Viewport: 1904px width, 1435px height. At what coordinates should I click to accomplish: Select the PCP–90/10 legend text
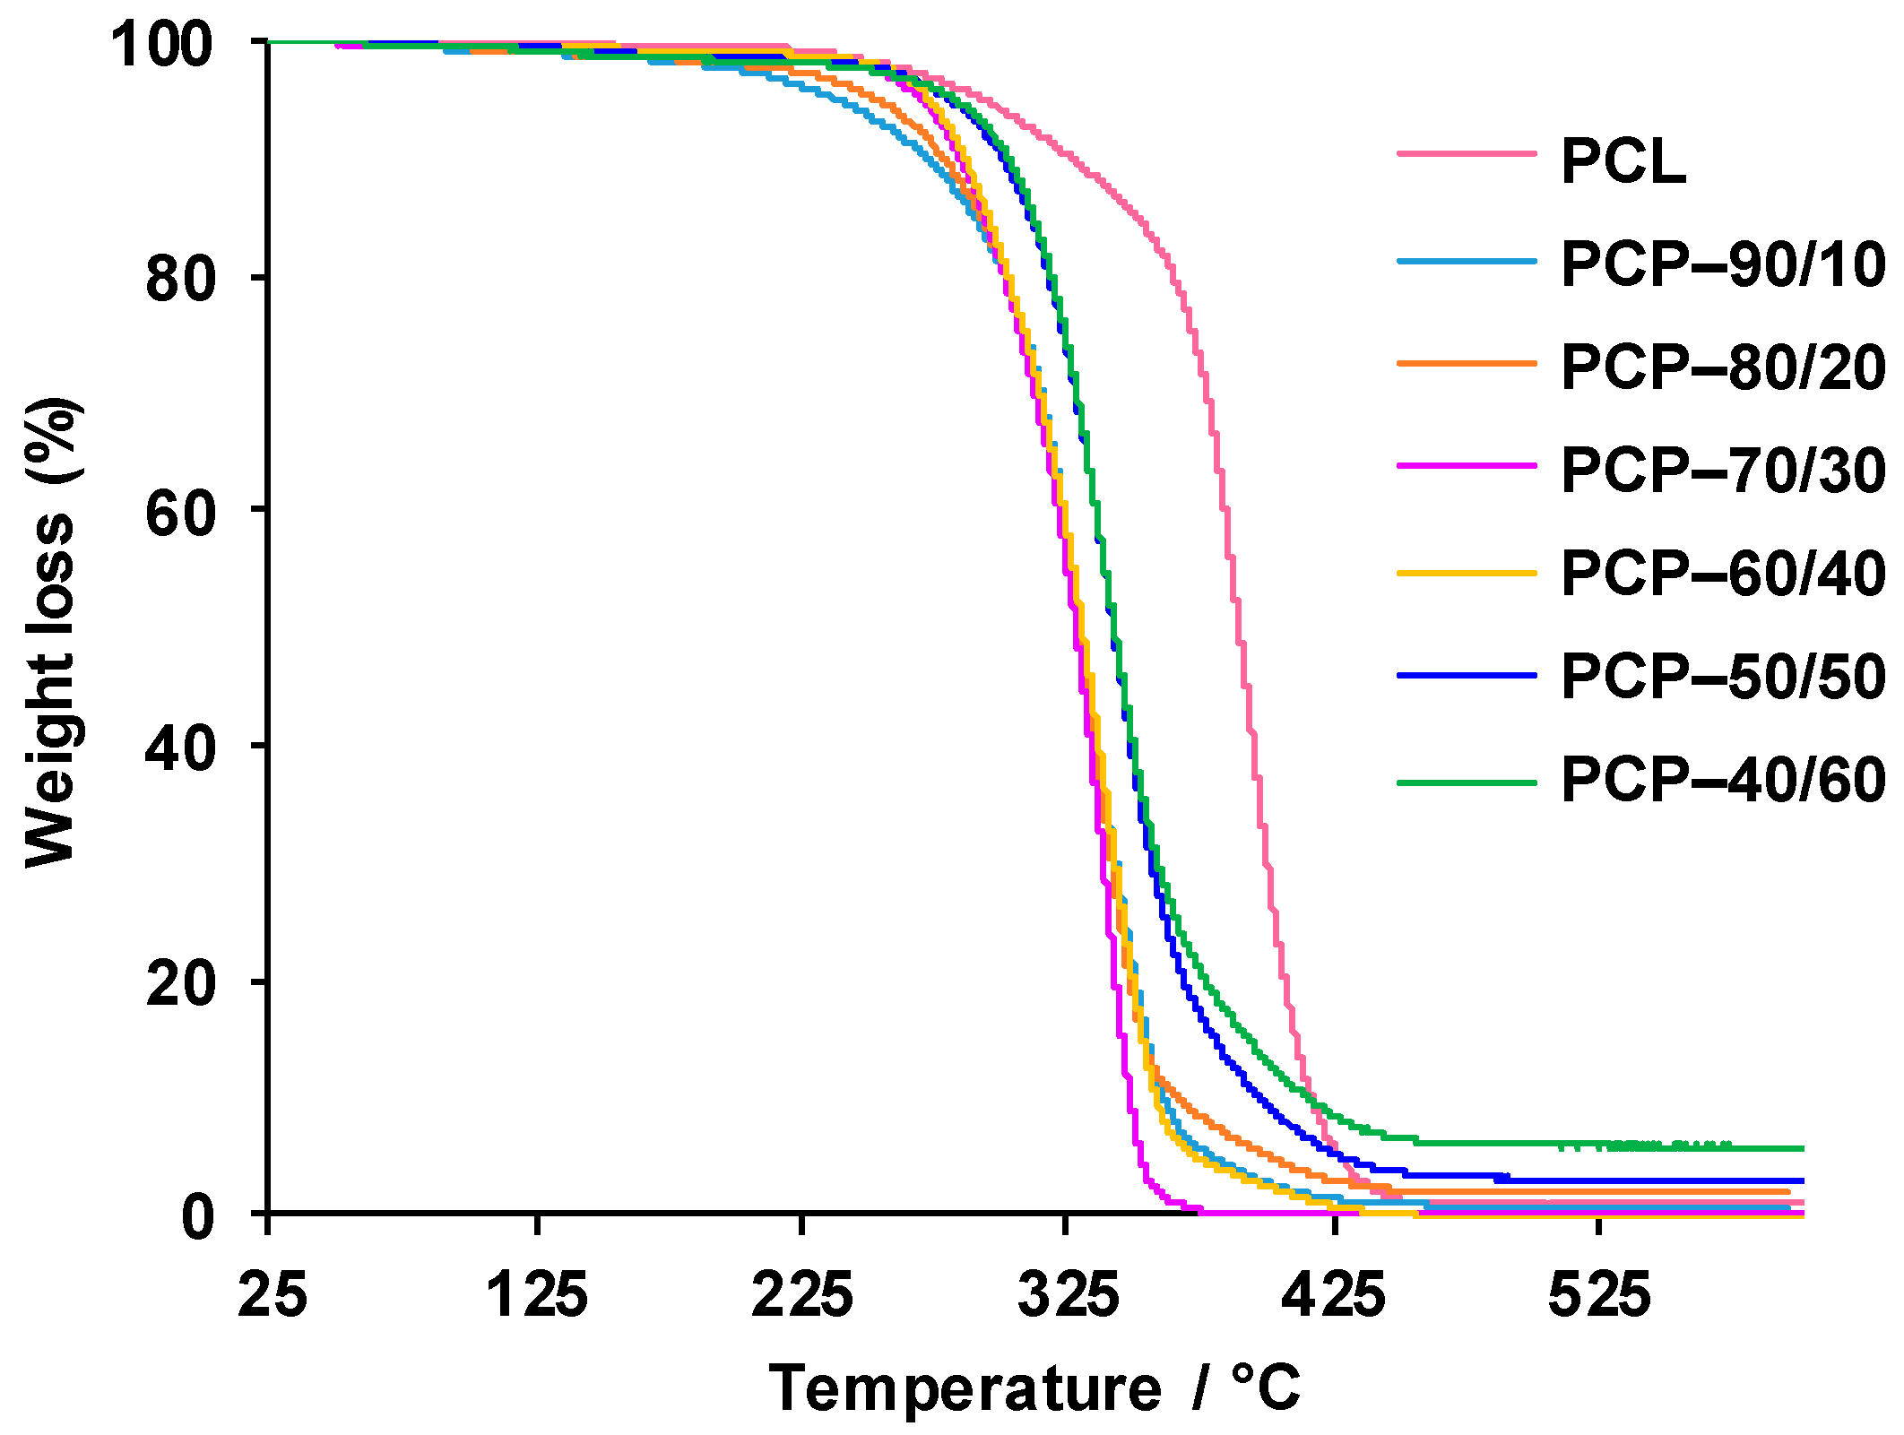click(1722, 265)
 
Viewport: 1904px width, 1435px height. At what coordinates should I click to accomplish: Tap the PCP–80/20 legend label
click(1722, 367)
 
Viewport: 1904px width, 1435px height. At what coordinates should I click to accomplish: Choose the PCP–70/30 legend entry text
click(1722, 471)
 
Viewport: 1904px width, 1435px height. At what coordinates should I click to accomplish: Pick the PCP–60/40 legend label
click(1722, 574)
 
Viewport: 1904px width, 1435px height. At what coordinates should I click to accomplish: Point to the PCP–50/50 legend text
click(1722, 677)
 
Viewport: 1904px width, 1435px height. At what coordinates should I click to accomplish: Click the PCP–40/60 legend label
click(1722, 780)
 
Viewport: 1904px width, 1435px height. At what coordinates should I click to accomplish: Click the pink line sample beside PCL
click(1467, 154)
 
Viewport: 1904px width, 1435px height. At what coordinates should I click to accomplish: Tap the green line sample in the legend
click(1467, 782)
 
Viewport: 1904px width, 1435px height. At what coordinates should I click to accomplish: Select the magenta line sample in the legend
click(1467, 466)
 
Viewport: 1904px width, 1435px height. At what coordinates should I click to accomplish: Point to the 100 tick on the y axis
click(161, 45)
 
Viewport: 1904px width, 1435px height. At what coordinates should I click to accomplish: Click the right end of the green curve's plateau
click(1800, 1148)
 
